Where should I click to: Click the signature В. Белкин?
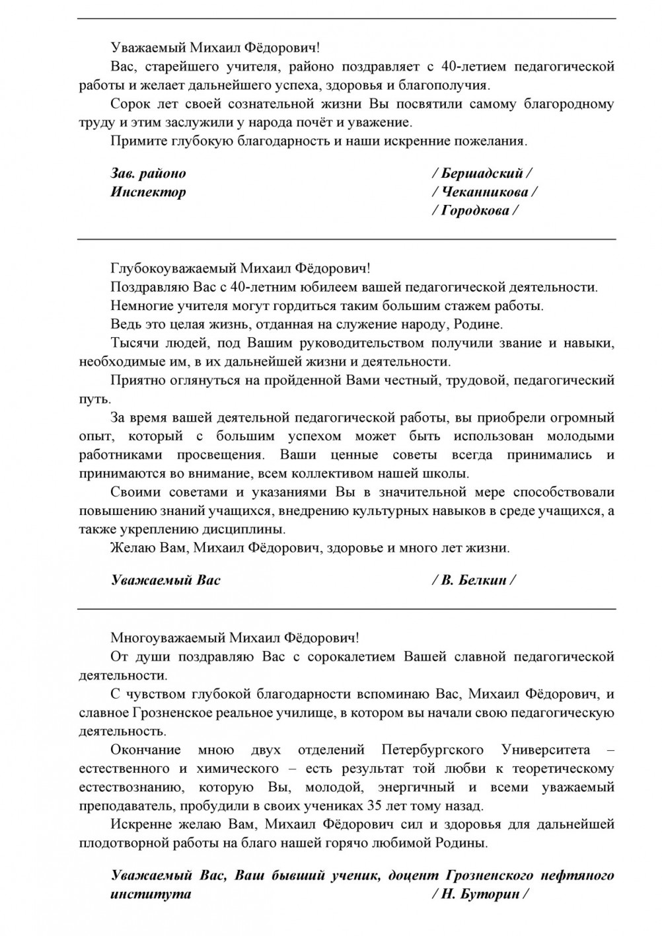[473, 580]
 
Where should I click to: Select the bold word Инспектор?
[149, 192]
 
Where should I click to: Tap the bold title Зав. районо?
[149, 173]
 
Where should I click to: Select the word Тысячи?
[129, 343]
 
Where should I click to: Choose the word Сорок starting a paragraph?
[130, 104]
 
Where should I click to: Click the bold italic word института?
[151, 894]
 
